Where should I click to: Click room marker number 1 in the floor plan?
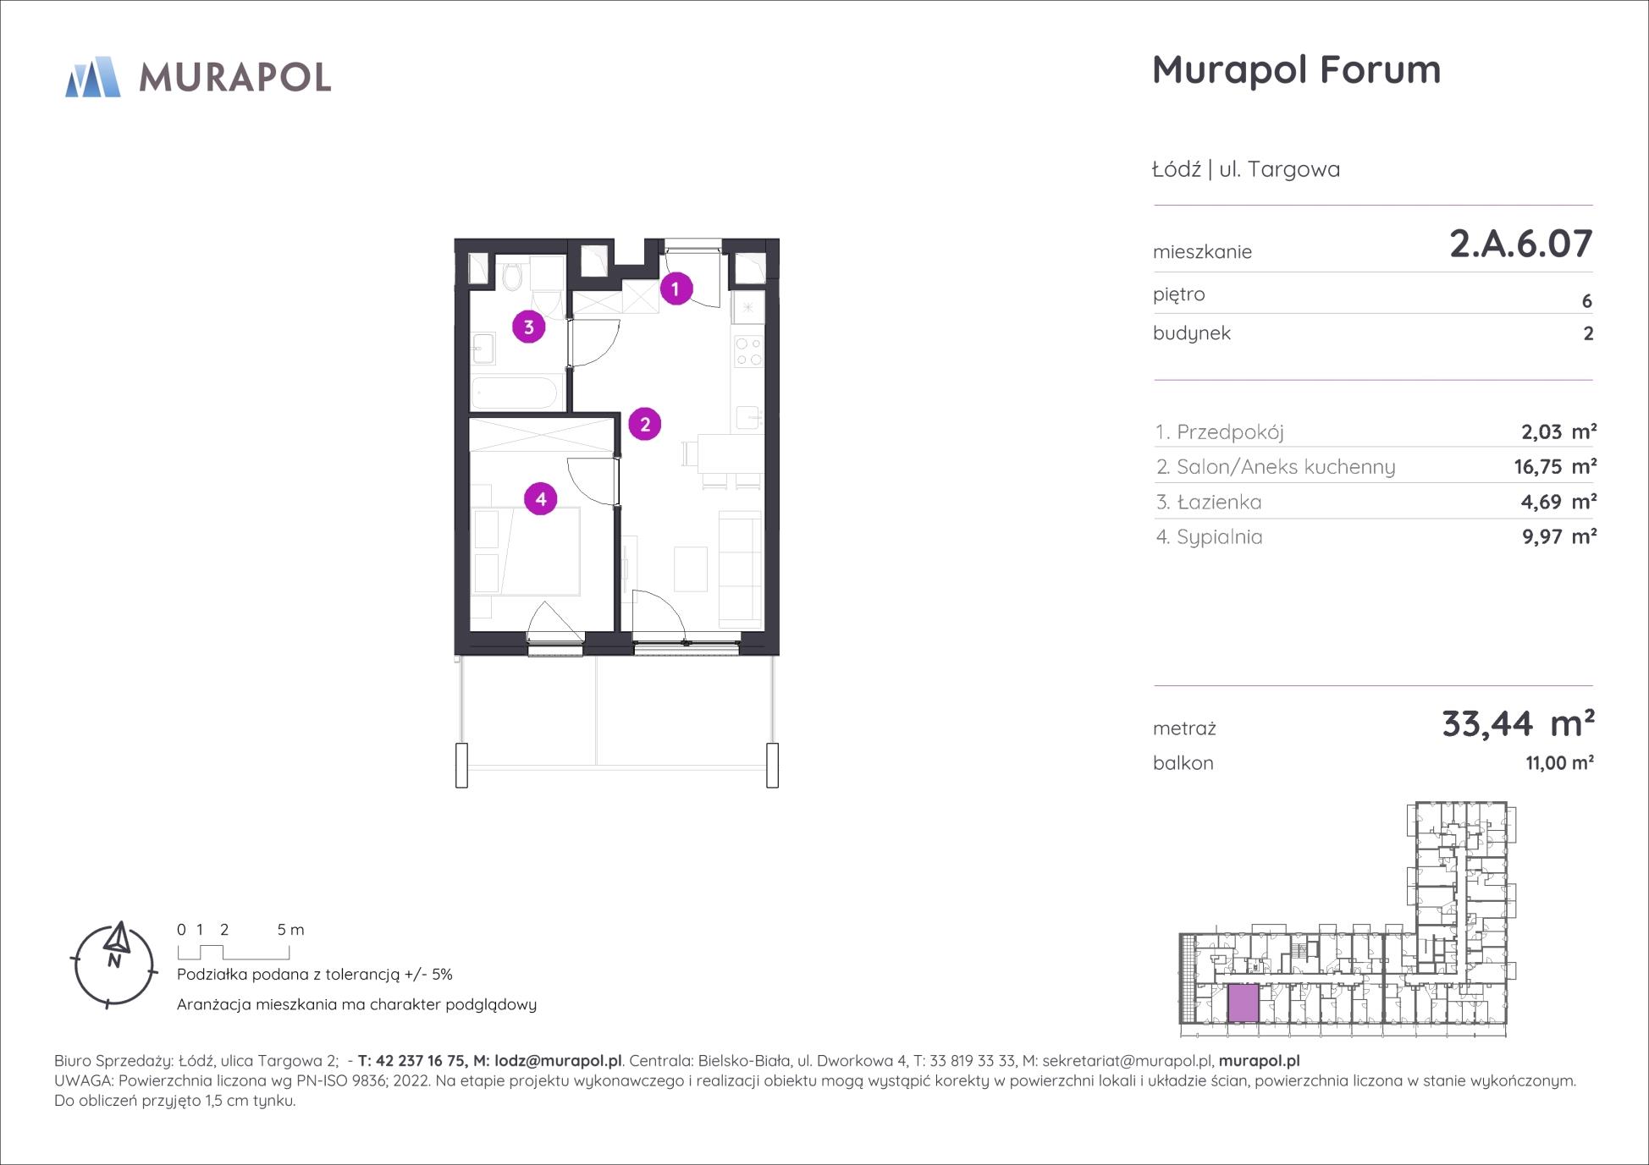[x=676, y=289]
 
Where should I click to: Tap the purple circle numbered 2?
[x=645, y=424]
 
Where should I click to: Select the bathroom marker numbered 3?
[x=528, y=327]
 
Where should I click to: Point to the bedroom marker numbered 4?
[x=541, y=499]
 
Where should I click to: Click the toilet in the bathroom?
[x=512, y=274]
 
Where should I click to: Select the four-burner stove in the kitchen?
[x=748, y=351]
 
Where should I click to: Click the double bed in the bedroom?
[x=526, y=551]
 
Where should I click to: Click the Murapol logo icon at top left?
[x=93, y=77]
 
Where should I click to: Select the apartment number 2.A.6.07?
[x=1521, y=244]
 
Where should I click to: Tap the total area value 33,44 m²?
[x=1518, y=723]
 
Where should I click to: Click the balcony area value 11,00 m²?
[x=1559, y=763]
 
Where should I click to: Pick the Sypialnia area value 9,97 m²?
[x=1559, y=536]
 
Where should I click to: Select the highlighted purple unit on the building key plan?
[x=1244, y=1003]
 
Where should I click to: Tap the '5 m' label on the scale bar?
[x=290, y=929]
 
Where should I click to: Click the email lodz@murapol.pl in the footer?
[x=558, y=1061]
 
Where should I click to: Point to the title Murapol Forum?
[x=1296, y=69]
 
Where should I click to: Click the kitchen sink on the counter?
[x=748, y=418]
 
